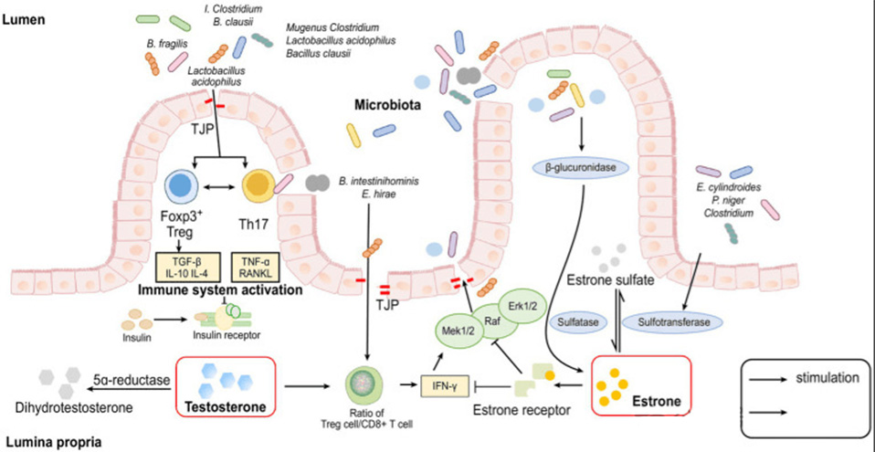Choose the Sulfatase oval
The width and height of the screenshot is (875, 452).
coord(574,322)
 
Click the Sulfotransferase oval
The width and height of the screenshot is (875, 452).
coord(672,322)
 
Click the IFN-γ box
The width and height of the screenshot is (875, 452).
coord(445,385)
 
